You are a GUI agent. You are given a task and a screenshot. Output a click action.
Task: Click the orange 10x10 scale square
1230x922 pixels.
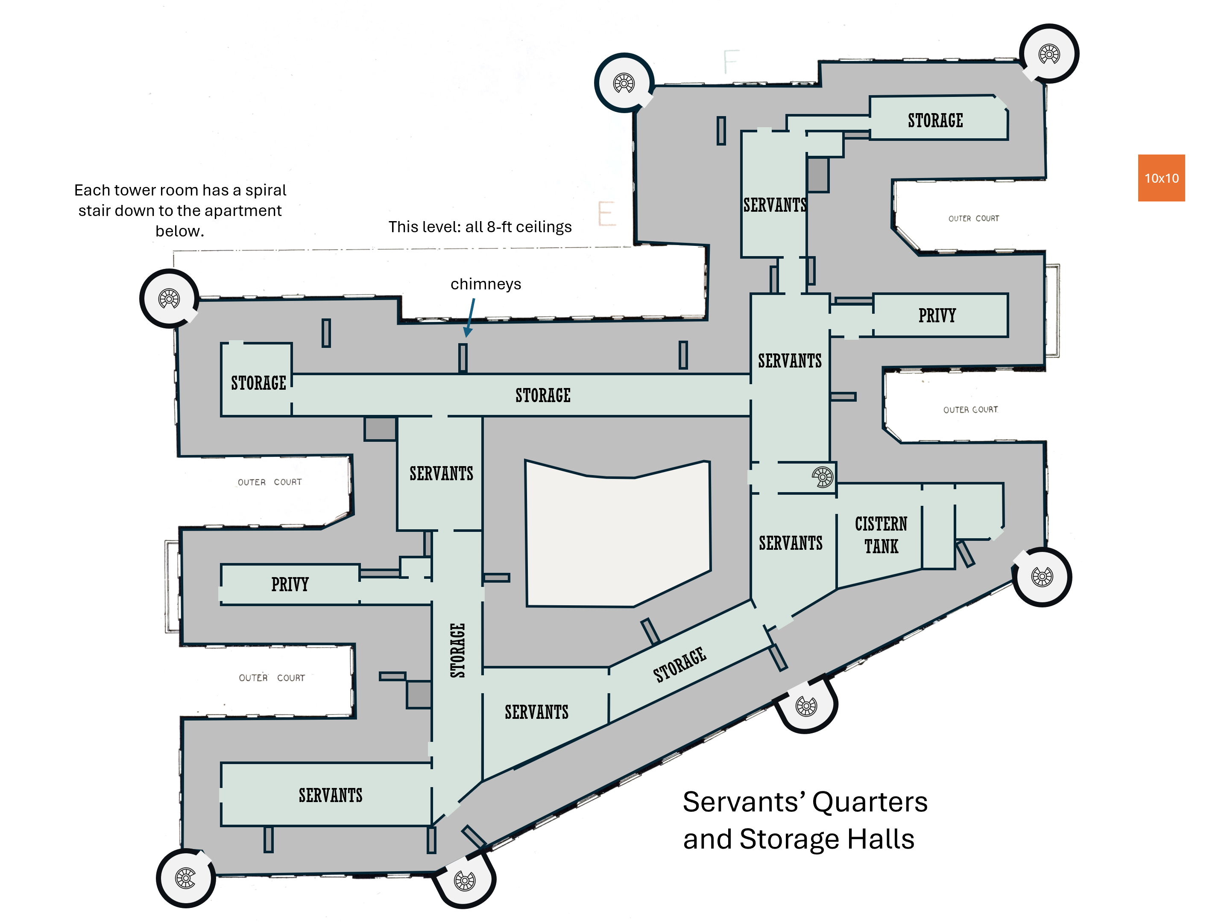(1161, 178)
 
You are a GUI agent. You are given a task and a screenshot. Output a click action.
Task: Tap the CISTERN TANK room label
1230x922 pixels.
(881, 535)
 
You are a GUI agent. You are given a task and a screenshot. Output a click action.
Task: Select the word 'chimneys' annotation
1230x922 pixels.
(486, 284)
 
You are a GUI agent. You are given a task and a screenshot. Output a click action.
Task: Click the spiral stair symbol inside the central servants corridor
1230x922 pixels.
(823, 477)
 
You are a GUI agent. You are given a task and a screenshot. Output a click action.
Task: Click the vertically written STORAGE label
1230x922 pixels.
(457, 650)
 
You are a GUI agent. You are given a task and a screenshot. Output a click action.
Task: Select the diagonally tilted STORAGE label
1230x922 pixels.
(679, 665)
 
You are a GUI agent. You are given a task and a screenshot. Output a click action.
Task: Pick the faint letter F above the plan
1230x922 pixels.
(731, 62)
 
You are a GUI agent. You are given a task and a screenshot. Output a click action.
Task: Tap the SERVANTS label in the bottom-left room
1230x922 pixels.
(330, 795)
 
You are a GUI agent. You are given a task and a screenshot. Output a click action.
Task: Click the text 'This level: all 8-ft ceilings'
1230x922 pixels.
(480, 227)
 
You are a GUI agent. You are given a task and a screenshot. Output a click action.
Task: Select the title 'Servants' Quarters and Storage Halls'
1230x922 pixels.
(805, 820)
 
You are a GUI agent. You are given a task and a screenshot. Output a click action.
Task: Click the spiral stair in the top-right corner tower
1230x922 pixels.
(1049, 54)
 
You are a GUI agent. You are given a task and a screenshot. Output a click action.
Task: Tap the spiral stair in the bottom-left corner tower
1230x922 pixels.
(185, 878)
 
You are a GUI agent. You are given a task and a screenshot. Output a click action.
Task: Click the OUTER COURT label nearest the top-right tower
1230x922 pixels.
(974, 219)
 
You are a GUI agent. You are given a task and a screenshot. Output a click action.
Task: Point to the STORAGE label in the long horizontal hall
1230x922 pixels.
(543, 396)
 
